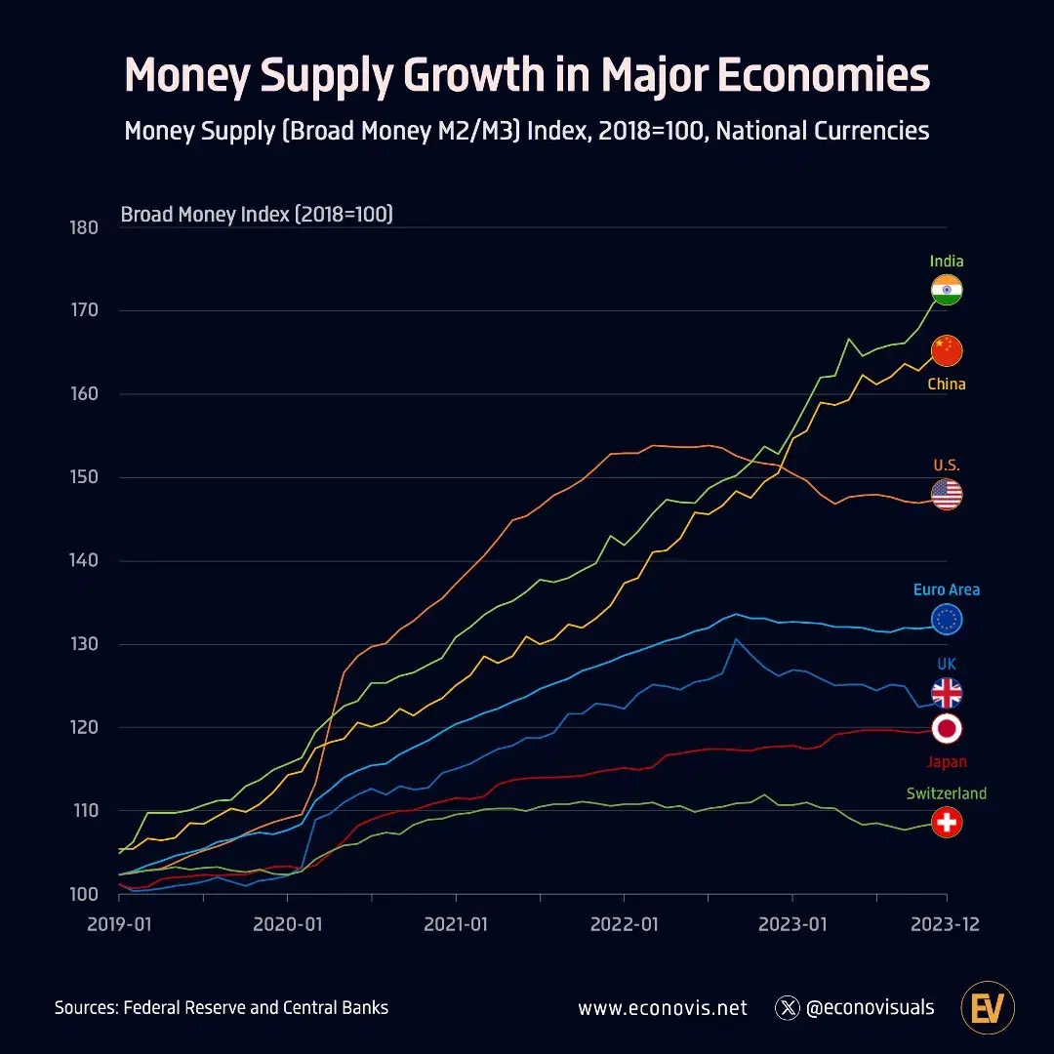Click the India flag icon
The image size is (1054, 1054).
(947, 290)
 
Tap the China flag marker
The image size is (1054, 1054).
(947, 350)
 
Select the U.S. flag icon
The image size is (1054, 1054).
(947, 495)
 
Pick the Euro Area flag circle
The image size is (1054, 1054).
(947, 619)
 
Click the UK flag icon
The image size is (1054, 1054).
(947, 693)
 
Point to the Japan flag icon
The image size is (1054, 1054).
(947, 728)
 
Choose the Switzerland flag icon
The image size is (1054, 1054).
(947, 823)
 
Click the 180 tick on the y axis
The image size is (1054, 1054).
(85, 227)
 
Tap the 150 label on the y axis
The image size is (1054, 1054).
(85, 477)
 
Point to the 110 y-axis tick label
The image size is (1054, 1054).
(85, 811)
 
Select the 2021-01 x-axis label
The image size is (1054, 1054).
(456, 924)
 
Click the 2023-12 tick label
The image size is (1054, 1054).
(945, 924)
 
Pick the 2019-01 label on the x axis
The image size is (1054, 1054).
(119, 924)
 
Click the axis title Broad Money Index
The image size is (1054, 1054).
(257, 214)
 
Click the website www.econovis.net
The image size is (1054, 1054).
(663, 1008)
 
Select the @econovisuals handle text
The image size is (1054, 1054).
(870, 1008)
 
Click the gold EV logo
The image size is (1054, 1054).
(988, 1007)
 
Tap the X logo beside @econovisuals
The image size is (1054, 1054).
(788, 1008)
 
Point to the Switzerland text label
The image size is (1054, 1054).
(947, 793)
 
